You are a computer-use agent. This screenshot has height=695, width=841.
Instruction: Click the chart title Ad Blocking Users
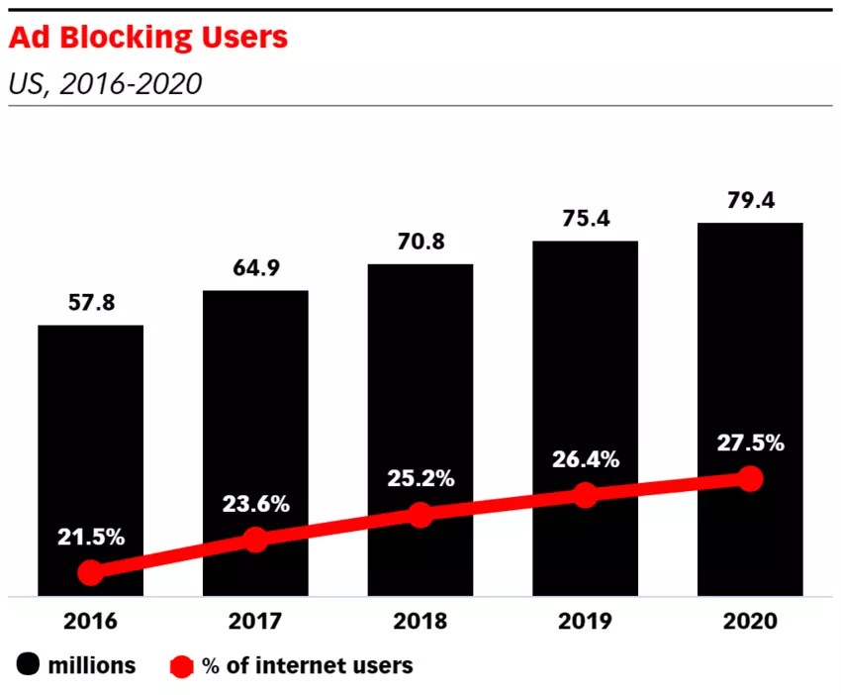[x=148, y=38]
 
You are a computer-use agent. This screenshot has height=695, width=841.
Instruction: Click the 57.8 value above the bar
[x=90, y=303]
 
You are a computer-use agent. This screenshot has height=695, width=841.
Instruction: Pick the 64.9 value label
[x=255, y=268]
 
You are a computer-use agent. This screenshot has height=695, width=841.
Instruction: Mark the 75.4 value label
[x=585, y=219]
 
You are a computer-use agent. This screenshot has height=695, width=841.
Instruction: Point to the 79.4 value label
[x=750, y=201]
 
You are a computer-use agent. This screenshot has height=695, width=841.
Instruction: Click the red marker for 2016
[x=91, y=572]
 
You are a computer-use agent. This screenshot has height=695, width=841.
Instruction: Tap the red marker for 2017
[x=255, y=540]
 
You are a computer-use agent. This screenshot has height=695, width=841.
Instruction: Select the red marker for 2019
[x=586, y=495]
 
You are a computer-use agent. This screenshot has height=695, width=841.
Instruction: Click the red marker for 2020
[x=751, y=479]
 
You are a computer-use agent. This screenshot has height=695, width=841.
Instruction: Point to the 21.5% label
[x=90, y=538]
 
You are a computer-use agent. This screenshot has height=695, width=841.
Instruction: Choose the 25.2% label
[x=420, y=479]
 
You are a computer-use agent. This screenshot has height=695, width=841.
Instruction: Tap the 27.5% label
[x=750, y=443]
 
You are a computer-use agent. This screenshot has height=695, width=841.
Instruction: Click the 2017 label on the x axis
[x=255, y=622]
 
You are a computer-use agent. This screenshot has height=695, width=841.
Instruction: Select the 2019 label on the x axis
[x=585, y=622]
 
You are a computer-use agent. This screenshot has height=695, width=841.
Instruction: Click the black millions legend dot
[x=27, y=665]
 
